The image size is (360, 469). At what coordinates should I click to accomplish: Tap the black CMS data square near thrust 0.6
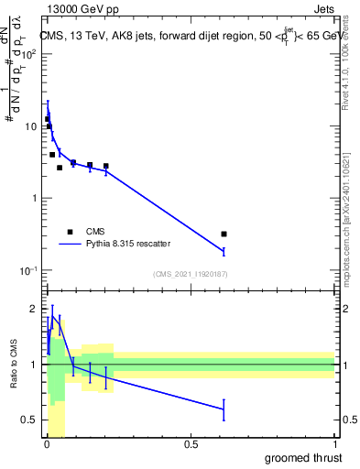224,234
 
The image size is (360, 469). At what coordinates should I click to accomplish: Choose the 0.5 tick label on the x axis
191,445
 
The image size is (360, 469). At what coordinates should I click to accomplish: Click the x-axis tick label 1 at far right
334,445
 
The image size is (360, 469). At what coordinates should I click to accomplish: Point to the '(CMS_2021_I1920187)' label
190,274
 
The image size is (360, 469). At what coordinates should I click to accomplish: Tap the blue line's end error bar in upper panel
224,251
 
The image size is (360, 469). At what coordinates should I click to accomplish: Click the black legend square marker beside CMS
70,232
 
